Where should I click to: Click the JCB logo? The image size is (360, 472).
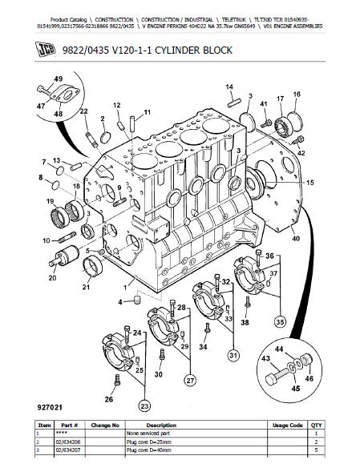(x=46, y=50)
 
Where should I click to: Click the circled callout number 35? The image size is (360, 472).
(x=280, y=322)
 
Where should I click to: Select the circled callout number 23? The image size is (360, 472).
(x=144, y=406)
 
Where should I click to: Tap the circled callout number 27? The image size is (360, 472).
(x=190, y=380)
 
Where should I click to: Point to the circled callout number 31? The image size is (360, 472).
(x=233, y=355)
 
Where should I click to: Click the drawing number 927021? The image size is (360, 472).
(x=50, y=408)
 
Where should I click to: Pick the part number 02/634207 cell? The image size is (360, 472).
(x=68, y=450)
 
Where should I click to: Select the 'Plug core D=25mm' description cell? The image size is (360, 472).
(x=149, y=442)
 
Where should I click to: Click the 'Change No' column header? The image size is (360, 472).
(x=105, y=426)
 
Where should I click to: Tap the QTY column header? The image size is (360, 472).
(x=316, y=426)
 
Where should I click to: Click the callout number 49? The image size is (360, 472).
(x=59, y=79)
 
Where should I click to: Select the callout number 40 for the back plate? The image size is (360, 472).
(x=296, y=239)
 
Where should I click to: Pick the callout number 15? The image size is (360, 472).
(x=310, y=183)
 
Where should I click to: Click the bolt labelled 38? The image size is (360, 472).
(x=248, y=303)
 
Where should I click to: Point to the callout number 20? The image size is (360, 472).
(x=52, y=277)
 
